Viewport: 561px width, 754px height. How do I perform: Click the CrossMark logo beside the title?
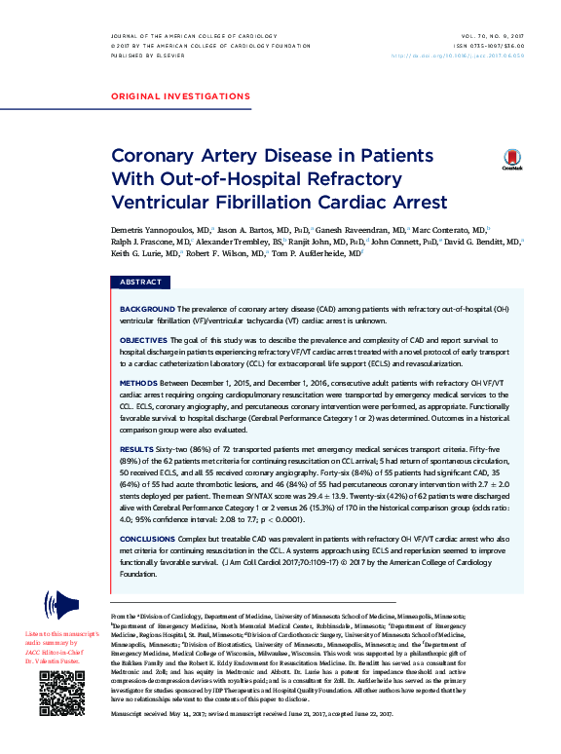pyautogui.click(x=511, y=161)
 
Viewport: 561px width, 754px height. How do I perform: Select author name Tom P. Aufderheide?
pyautogui.click(x=316, y=251)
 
